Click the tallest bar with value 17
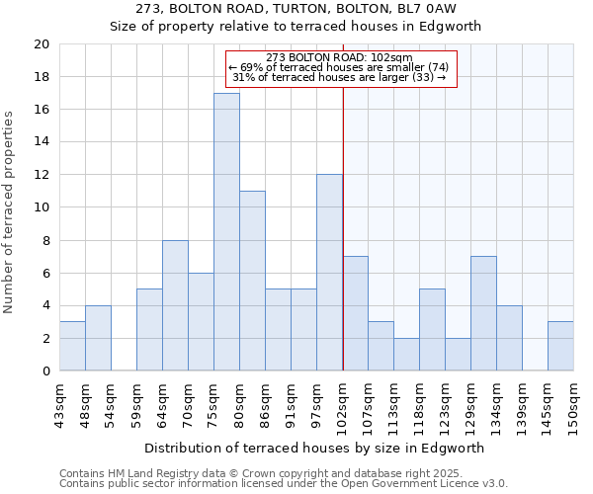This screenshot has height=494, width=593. point(226,232)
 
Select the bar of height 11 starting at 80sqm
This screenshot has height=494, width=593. point(252,281)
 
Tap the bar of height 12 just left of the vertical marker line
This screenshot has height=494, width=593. point(329,273)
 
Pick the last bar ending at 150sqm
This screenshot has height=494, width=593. point(560,346)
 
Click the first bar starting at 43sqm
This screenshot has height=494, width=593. point(72,346)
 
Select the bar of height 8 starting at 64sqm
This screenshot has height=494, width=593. point(175,305)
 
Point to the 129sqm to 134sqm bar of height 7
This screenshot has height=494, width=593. point(483,313)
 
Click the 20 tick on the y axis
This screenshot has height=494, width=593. point(41,44)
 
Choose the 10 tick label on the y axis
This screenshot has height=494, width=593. point(41,207)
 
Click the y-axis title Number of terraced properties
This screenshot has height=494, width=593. point(9,211)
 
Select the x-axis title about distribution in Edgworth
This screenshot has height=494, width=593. point(314,448)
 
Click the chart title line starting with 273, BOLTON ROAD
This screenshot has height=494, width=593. point(296,9)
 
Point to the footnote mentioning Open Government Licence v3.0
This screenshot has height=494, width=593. point(284,484)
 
